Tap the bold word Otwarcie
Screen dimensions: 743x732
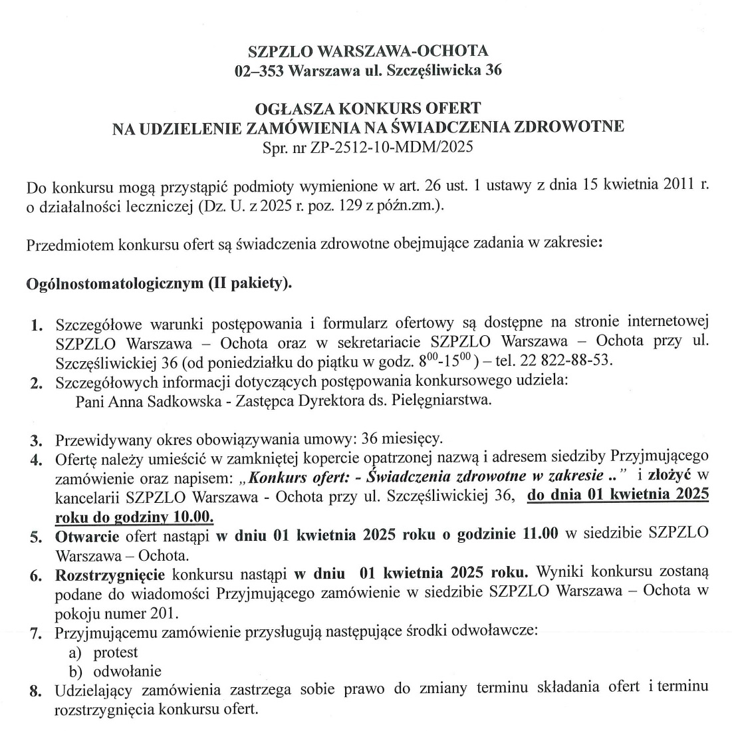tap(87, 534)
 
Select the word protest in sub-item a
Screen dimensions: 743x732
tap(116, 652)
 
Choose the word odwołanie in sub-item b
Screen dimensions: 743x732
tap(127, 671)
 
